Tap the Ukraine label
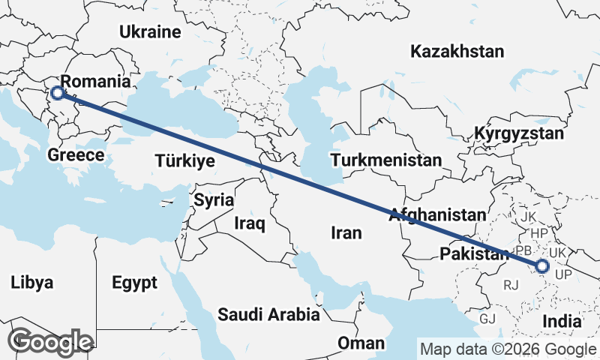pyautogui.click(x=151, y=32)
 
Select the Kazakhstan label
pyautogui.click(x=456, y=52)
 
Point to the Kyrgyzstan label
pyautogui.click(x=518, y=134)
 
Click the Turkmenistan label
pyautogui.click(x=386, y=160)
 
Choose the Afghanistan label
pyautogui.click(x=437, y=214)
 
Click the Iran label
pyautogui.click(x=346, y=233)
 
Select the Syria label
pyautogui.click(x=214, y=200)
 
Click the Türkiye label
pyautogui.click(x=184, y=160)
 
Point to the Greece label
pyautogui.click(x=75, y=155)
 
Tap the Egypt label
pyautogui.click(x=134, y=283)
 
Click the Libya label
pyautogui.click(x=32, y=283)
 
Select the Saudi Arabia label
pyautogui.click(x=268, y=314)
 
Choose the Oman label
pyautogui.click(x=361, y=343)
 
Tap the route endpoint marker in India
pyautogui.click(x=541, y=265)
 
